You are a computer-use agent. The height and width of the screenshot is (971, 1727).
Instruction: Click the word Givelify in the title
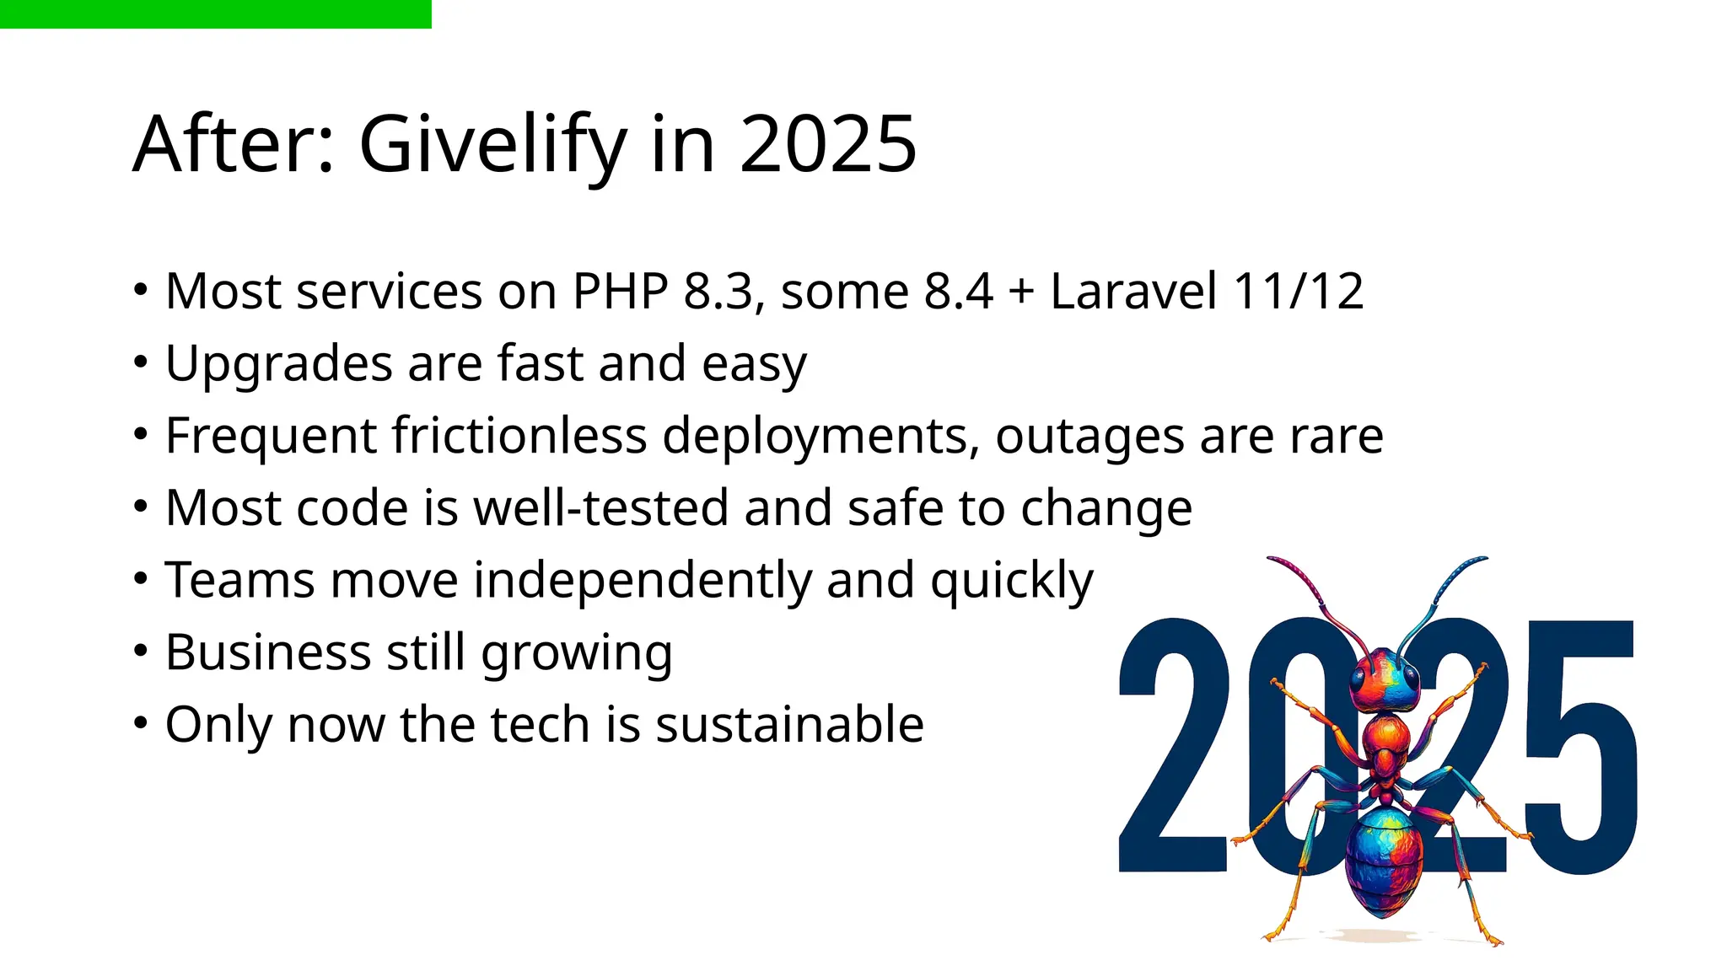(x=492, y=145)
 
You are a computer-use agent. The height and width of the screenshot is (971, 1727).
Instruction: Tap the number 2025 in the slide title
(x=828, y=145)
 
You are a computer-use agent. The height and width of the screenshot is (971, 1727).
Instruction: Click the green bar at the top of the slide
(x=215, y=13)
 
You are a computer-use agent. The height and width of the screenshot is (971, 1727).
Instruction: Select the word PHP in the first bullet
(x=620, y=292)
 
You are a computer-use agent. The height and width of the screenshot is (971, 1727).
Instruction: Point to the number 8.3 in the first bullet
(x=718, y=292)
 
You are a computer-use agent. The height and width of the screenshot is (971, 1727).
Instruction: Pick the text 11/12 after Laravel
(x=1298, y=292)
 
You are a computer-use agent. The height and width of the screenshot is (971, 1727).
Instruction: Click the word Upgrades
(x=279, y=364)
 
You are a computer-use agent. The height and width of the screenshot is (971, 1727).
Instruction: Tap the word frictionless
(x=519, y=436)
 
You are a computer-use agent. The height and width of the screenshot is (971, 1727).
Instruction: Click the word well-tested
(x=600, y=508)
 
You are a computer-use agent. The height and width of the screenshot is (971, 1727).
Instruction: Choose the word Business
(x=267, y=652)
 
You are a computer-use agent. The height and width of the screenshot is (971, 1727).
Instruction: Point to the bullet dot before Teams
(x=141, y=579)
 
